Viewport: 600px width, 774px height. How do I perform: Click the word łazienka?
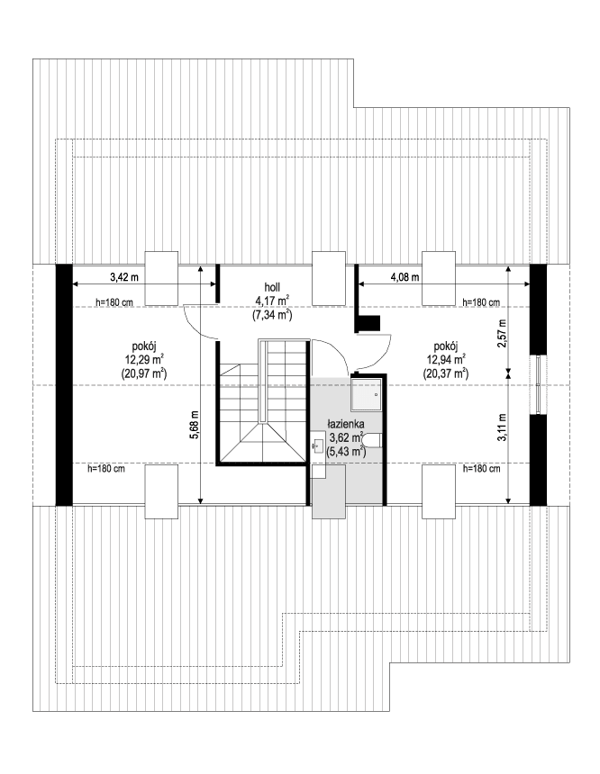345,422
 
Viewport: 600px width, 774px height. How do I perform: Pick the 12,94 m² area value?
447,358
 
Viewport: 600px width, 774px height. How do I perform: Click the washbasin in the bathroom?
317,445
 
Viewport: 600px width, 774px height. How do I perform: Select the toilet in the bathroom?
376,439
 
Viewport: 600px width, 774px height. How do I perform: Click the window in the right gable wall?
538,384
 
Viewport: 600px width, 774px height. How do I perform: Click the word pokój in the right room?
447,345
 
